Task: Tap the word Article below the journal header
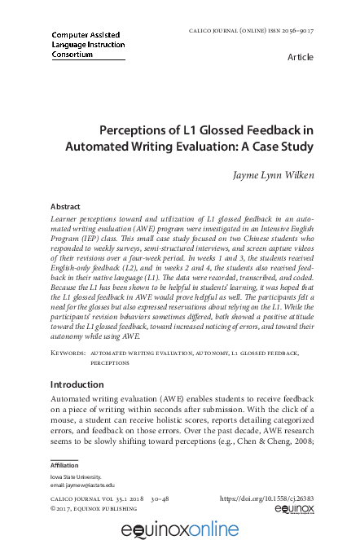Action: click(301, 58)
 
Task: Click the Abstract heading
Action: click(65, 207)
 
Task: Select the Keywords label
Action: click(68, 353)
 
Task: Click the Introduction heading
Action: click(77, 384)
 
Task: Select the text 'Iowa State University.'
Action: click(77, 476)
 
